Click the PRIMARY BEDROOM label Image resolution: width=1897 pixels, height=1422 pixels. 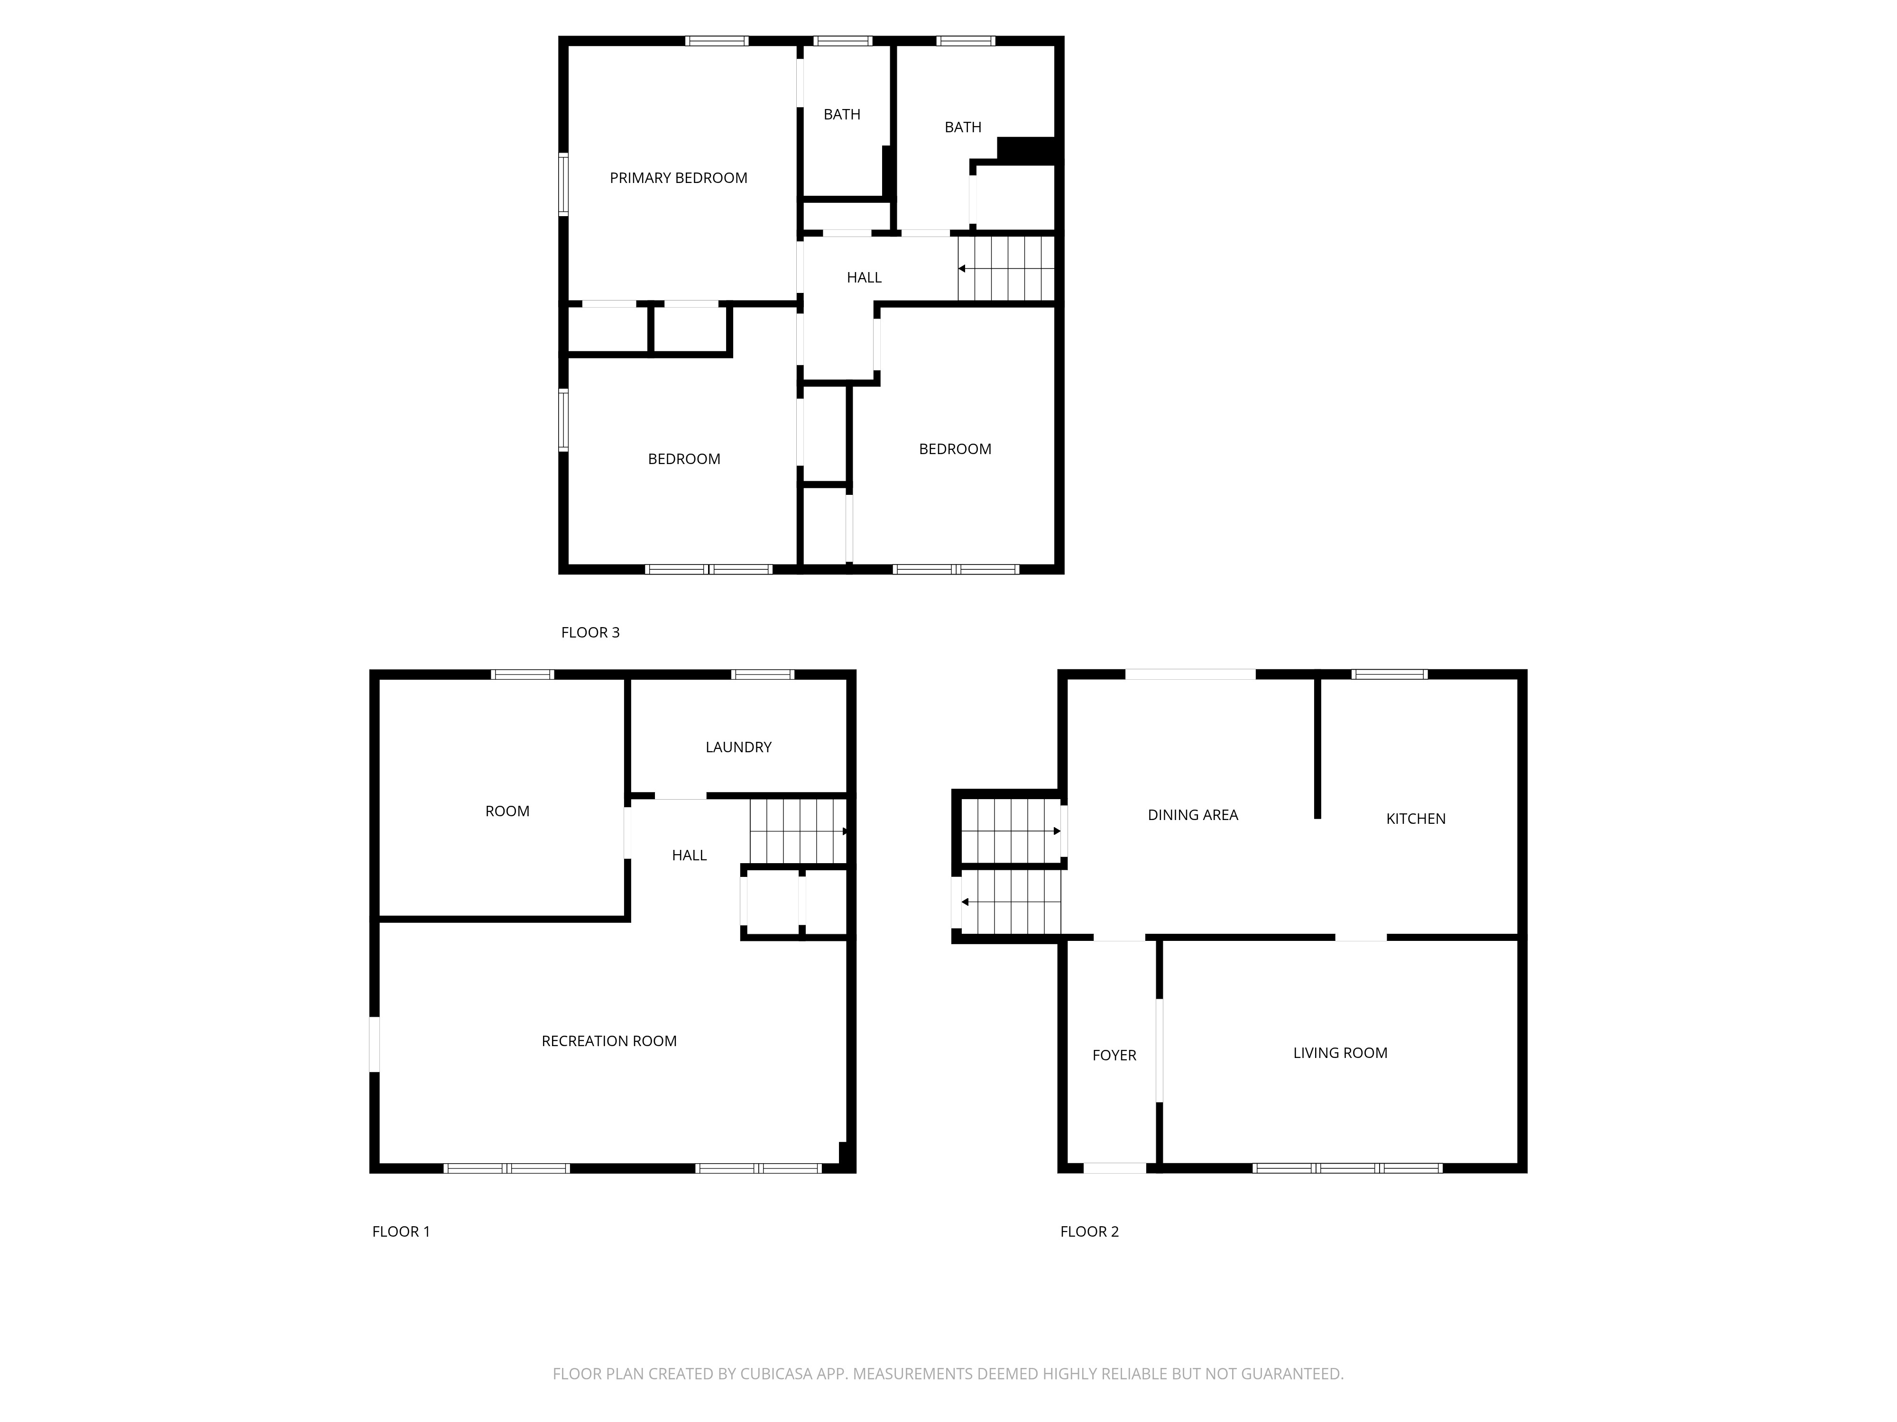[x=678, y=178]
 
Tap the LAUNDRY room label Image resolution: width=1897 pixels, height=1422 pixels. [x=738, y=747]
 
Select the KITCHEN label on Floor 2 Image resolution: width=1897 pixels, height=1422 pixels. [x=1416, y=820]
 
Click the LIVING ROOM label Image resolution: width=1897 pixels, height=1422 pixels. [x=1340, y=1053]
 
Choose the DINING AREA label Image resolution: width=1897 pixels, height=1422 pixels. [x=1193, y=815]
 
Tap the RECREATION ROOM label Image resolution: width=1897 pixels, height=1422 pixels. [x=609, y=1041]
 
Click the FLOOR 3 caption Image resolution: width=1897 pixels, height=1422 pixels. [x=590, y=633]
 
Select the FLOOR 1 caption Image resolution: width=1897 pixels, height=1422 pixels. [x=400, y=1232]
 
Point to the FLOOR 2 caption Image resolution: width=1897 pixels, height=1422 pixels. [x=1089, y=1232]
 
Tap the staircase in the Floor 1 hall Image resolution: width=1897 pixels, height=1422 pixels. [x=799, y=831]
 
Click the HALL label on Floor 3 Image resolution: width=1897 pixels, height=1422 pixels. [x=864, y=278]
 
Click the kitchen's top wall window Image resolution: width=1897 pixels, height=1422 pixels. [x=1389, y=675]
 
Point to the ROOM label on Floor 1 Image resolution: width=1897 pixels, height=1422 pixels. [x=507, y=811]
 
